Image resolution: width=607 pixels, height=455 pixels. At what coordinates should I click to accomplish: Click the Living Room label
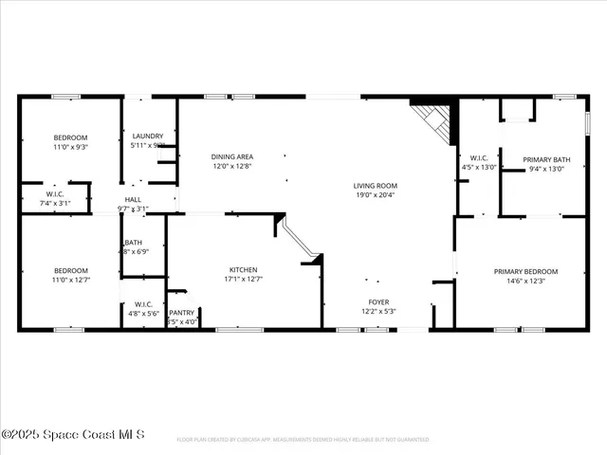(376, 186)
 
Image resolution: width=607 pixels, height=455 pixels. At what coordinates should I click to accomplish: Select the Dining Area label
(231, 156)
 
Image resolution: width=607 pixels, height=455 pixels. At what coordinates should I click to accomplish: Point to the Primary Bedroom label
(525, 271)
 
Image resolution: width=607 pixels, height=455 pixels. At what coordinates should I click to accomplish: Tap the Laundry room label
(148, 136)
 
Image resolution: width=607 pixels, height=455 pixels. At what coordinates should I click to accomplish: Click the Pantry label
(181, 312)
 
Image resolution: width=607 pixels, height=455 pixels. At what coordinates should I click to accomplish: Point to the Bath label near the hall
(133, 243)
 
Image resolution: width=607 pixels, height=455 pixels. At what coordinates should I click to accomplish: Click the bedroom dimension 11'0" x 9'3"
(70, 148)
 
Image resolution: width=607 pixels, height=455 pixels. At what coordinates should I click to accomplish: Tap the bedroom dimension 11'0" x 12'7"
(70, 279)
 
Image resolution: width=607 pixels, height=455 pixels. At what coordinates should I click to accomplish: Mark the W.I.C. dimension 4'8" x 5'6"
(143, 313)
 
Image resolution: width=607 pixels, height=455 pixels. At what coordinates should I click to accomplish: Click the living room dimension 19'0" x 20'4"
(376, 195)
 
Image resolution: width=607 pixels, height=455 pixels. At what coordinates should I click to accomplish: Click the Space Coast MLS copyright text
(73, 434)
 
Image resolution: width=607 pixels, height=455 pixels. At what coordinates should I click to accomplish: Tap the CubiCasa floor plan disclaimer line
(303, 440)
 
